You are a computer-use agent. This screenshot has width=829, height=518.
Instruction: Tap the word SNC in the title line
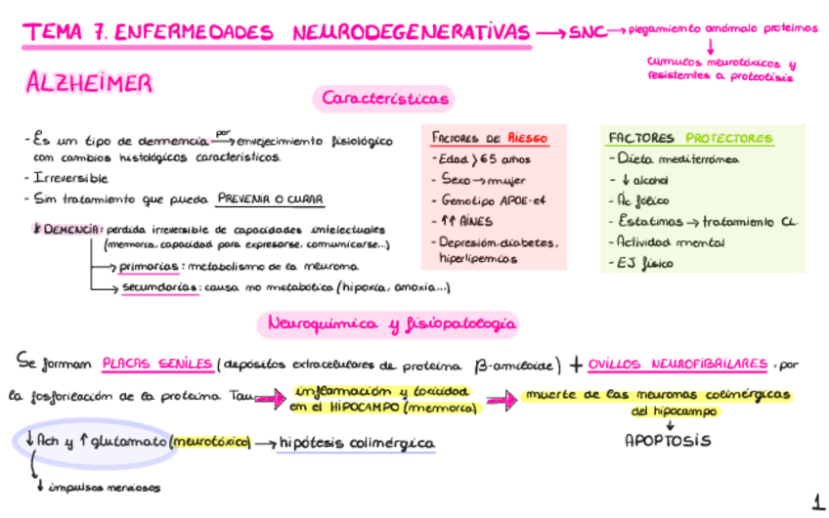(x=586, y=32)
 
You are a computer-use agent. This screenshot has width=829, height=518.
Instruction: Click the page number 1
(x=816, y=502)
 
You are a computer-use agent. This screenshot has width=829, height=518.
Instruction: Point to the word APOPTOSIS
(x=668, y=440)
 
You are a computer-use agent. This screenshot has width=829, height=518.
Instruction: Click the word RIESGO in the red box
(x=528, y=139)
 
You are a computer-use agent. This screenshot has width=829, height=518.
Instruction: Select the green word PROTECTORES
(x=729, y=139)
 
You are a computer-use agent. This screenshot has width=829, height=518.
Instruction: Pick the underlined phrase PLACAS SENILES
(x=157, y=365)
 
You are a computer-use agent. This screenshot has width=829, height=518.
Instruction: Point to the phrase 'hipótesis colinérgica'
(x=356, y=444)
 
